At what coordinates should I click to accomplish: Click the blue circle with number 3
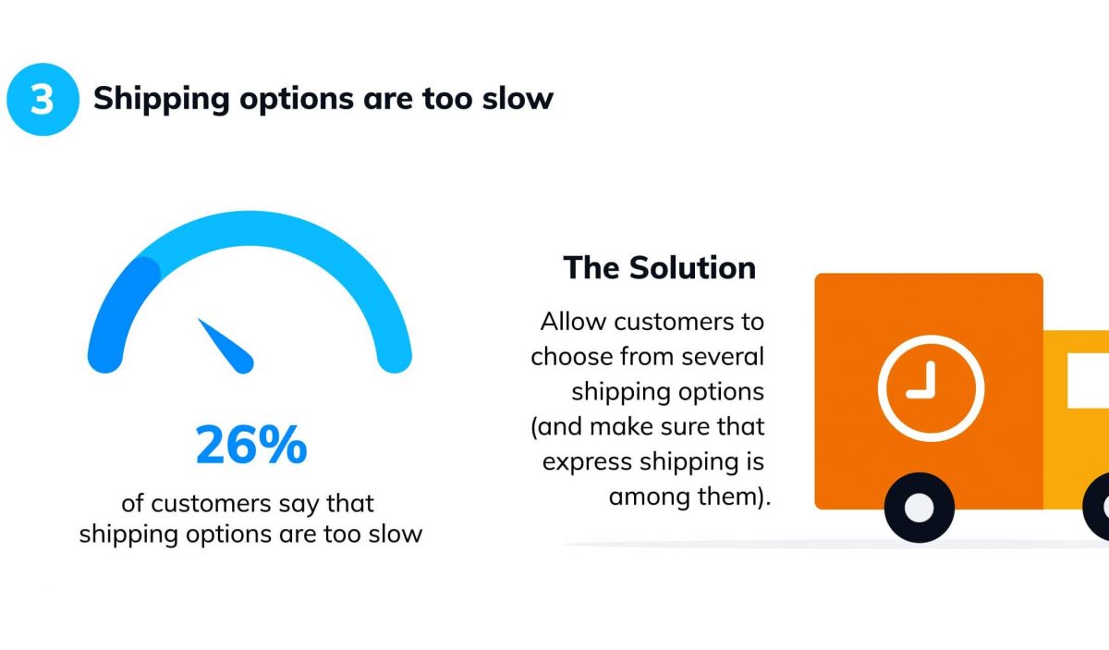pos(43,99)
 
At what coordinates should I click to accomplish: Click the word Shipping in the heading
pos(162,100)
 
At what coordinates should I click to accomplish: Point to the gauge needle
pos(226,347)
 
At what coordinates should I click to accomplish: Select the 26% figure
pos(251,445)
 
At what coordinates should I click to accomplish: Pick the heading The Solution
pos(660,267)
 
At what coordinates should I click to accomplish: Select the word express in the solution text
pos(587,462)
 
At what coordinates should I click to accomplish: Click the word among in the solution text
pos(649,497)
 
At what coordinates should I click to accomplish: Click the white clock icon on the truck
pos(931,388)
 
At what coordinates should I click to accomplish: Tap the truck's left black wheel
pos(920,508)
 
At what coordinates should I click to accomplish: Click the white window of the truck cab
pos(1089,381)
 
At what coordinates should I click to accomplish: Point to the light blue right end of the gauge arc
pos(395,356)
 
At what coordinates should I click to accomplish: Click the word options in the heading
pos(297,100)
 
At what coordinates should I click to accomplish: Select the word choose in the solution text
pos(572,357)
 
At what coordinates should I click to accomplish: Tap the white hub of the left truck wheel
pos(920,508)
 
